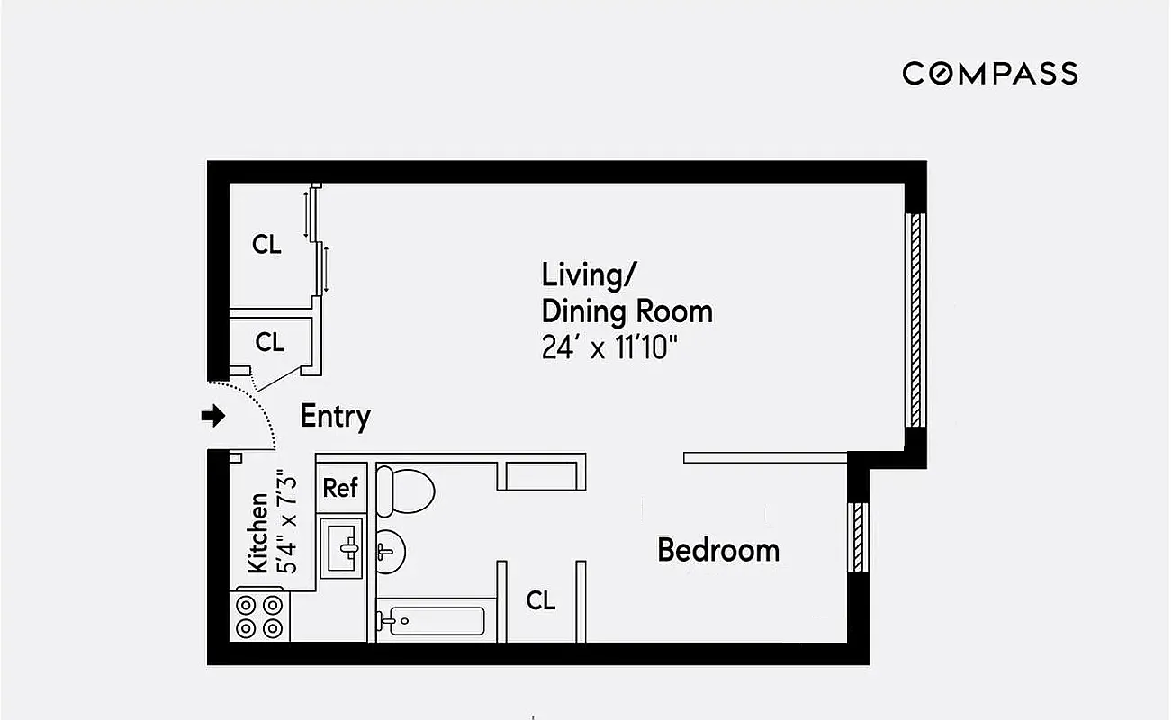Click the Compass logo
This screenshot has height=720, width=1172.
[x=990, y=73]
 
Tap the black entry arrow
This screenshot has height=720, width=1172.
[x=212, y=416]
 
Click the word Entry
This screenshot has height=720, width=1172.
[x=335, y=417]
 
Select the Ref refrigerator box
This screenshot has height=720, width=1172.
[x=340, y=488]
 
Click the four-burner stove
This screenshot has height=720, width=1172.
[x=260, y=616]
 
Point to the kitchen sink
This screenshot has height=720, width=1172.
[x=343, y=546]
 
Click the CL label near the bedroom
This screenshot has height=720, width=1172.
[x=541, y=600]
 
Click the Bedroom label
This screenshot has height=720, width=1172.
[x=717, y=549]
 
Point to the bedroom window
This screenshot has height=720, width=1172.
[x=858, y=536]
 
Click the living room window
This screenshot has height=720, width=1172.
[x=915, y=319]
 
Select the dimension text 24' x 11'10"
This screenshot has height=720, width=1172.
[x=609, y=347]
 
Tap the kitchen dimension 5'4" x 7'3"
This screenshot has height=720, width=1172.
[x=285, y=522]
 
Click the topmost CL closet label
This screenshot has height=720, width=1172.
[x=266, y=245]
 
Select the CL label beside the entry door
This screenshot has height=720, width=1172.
[x=269, y=342]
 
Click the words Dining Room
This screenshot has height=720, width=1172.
[x=627, y=311]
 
